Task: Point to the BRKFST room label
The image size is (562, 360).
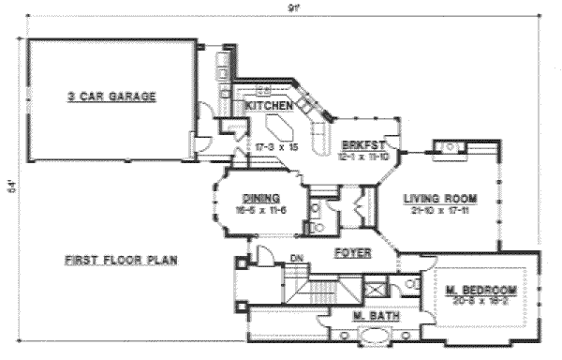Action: (359, 144)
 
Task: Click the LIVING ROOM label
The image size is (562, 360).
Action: (440, 199)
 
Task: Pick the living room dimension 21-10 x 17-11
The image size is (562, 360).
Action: (440, 211)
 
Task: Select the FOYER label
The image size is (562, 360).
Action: (352, 253)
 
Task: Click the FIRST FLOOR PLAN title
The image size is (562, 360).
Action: (122, 260)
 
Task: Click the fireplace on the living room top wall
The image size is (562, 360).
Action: (449, 145)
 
